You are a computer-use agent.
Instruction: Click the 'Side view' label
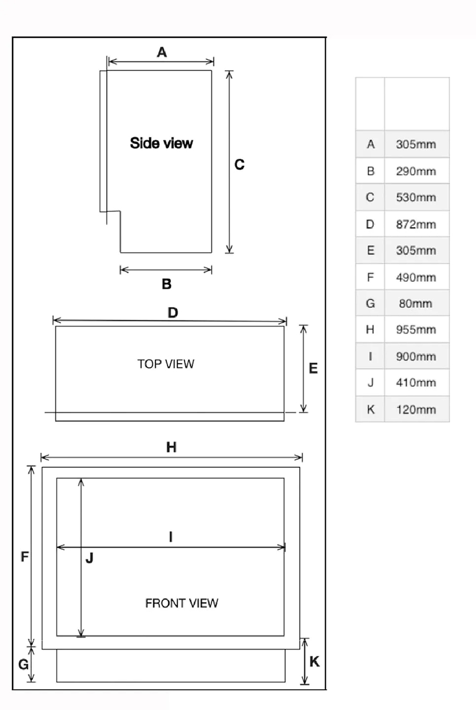point(161,143)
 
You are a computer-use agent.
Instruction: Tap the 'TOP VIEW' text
point(166,364)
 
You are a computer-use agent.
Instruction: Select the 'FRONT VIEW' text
point(181,603)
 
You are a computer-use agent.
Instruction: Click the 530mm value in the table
point(416,198)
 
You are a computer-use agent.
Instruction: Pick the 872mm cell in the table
point(416,224)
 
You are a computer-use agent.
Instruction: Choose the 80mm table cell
point(416,303)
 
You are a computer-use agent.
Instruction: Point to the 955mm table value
point(416,330)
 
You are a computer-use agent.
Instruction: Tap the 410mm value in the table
point(416,383)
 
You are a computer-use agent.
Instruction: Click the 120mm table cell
point(416,410)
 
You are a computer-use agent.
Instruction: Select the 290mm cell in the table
point(416,171)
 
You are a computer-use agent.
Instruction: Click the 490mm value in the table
point(416,277)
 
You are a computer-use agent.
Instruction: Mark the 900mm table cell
point(416,356)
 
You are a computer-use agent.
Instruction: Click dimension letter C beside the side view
point(240,165)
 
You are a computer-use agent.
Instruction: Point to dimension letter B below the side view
point(167,284)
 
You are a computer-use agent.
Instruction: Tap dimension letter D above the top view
point(173,313)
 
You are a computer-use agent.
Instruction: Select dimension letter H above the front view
point(171,448)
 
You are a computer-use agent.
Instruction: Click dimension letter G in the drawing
point(24,664)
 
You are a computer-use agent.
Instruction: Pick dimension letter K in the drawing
point(315,662)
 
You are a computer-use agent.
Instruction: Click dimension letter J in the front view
point(89,558)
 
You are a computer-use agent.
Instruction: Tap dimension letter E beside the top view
point(313,368)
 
